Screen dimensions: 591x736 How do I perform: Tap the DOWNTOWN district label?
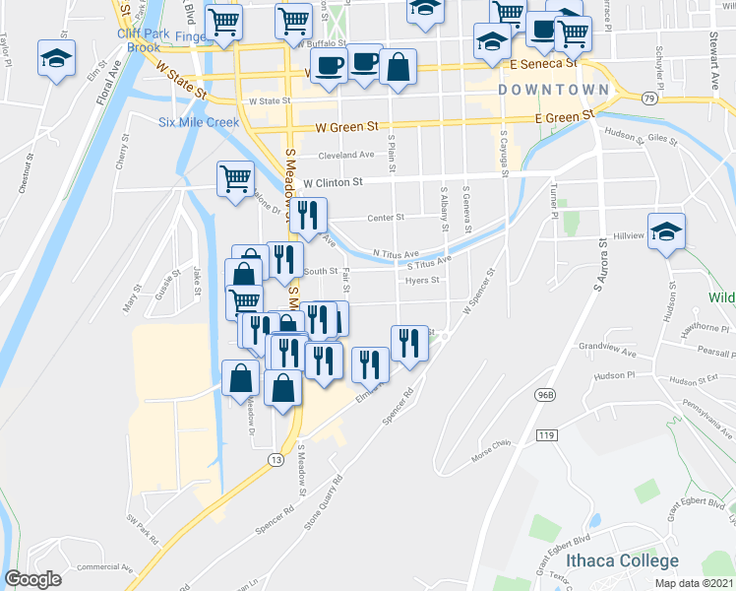point(553,90)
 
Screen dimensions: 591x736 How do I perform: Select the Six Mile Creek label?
point(199,122)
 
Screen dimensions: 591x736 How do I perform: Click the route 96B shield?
point(542,395)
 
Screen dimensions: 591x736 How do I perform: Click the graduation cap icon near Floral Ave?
point(57,58)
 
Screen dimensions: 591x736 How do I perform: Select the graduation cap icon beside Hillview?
point(667,231)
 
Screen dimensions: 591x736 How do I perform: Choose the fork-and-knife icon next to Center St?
point(308,216)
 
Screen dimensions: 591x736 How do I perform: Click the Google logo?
point(32,579)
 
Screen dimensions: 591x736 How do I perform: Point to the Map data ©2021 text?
point(694,583)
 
